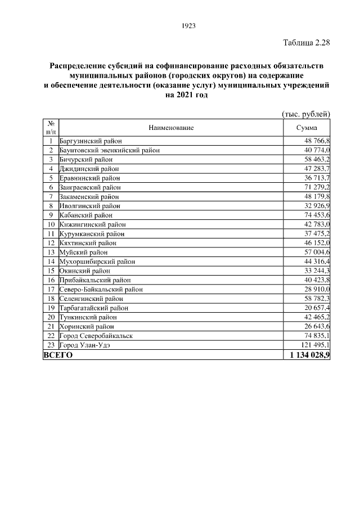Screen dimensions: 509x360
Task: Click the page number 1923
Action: (188, 25)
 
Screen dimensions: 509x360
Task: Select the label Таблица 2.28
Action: (305, 43)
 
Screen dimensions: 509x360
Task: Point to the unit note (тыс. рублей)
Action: (305, 114)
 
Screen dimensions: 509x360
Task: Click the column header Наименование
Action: (171, 128)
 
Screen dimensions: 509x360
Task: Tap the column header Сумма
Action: (307, 128)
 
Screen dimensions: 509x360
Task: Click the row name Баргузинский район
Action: (91, 141)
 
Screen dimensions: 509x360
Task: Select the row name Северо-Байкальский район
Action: (101, 289)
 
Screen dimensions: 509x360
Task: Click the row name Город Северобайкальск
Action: (96, 335)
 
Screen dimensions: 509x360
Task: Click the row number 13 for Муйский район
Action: (51, 252)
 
